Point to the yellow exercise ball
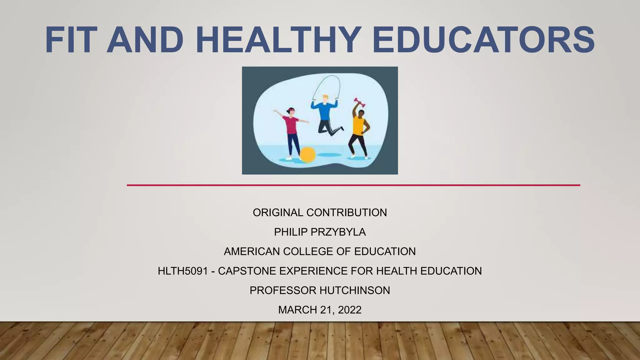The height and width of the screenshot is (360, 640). pos(308,155)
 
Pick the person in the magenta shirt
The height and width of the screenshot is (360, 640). pos(291,131)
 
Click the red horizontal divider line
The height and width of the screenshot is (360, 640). pos(353,185)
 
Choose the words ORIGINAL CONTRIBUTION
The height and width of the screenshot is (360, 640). pos(320,213)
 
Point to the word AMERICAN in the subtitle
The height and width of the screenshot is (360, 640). pos(252,252)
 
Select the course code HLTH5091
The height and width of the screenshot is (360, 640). pos(183,271)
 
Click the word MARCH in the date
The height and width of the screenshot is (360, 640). pos(297,310)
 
